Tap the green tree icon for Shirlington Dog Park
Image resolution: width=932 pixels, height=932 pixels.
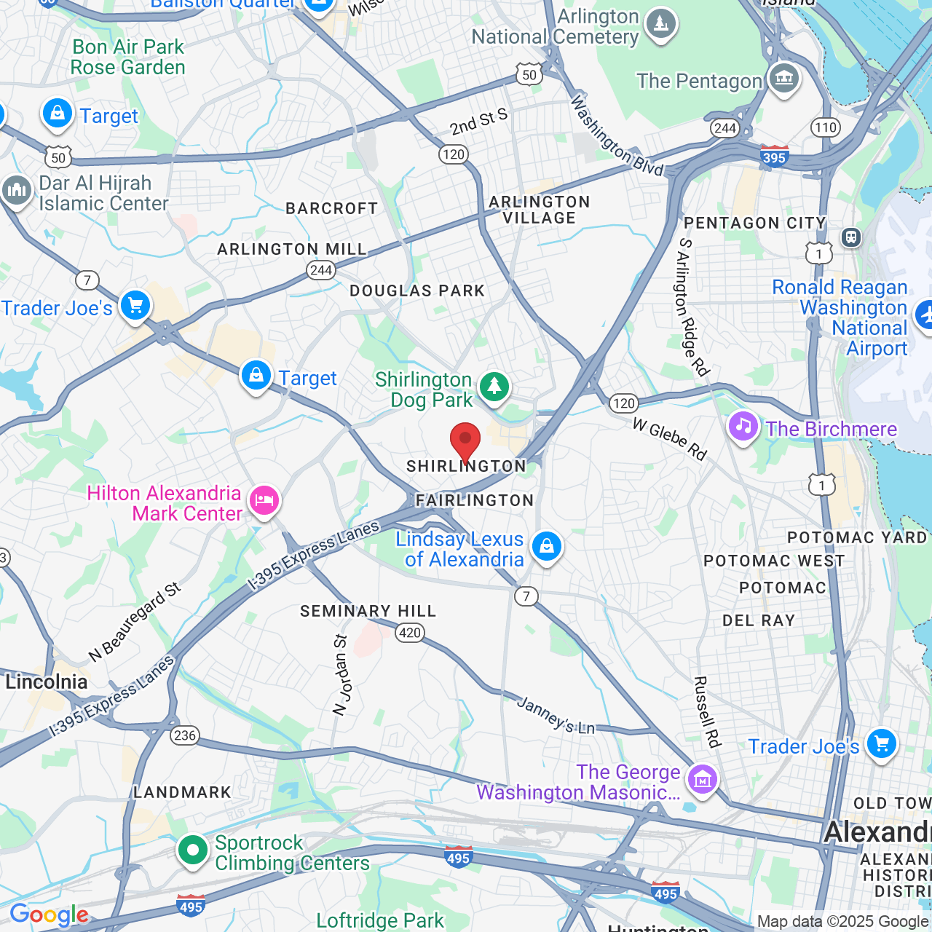click(494, 385)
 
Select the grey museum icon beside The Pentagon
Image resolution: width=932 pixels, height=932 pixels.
click(783, 78)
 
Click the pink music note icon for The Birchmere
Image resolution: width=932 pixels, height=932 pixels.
click(743, 427)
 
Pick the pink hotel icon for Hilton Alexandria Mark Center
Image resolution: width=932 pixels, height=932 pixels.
click(264, 501)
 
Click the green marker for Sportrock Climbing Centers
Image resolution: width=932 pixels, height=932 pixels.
click(193, 850)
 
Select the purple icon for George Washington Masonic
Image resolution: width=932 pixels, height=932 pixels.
click(703, 781)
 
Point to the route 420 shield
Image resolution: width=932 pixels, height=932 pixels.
click(410, 632)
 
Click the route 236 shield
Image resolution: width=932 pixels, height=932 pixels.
click(185, 735)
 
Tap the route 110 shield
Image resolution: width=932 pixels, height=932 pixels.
click(826, 127)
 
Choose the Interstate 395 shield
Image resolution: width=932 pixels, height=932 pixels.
click(774, 157)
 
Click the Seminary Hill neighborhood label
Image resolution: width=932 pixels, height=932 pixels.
click(368, 611)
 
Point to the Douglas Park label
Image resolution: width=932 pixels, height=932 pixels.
click(417, 291)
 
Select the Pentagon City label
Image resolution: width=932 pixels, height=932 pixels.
click(755, 223)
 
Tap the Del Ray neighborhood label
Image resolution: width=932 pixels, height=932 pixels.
click(759, 620)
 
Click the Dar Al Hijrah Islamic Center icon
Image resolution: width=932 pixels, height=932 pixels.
click(17, 191)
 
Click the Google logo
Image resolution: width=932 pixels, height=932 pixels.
click(49, 915)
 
